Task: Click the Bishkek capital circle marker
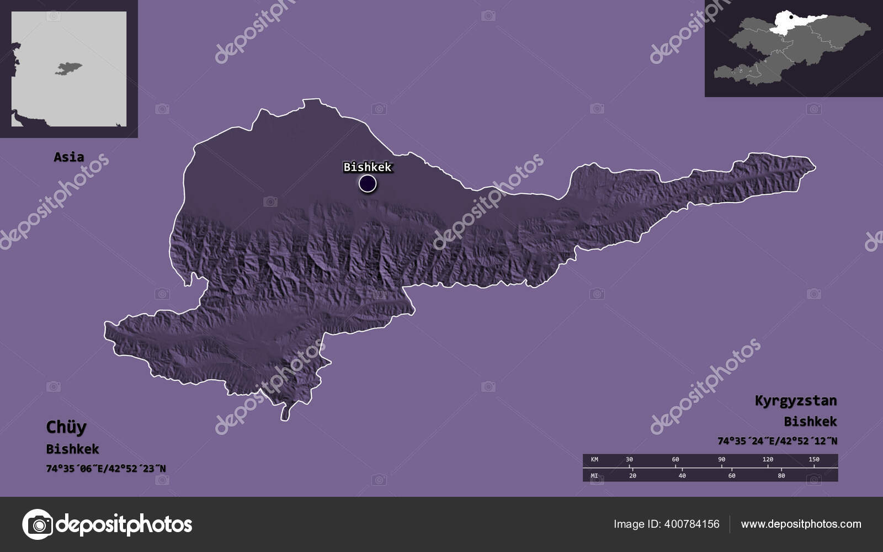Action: point(368,183)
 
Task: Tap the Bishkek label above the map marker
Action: point(368,167)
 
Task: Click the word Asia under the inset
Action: point(69,157)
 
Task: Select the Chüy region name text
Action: point(66,427)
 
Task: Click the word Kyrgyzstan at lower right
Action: point(796,400)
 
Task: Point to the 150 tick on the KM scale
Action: point(813,459)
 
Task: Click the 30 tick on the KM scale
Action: point(629,459)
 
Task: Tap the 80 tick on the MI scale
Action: point(781,475)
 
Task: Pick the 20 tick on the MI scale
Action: point(632,475)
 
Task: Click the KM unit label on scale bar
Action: point(594,459)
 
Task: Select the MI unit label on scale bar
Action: point(594,475)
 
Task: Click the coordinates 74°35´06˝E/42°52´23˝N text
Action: point(106,469)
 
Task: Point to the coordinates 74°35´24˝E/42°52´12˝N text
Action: point(777,440)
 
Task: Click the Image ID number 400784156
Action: point(693,524)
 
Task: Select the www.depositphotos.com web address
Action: point(801,524)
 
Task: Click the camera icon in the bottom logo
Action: point(38,524)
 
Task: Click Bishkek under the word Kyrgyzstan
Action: point(810,421)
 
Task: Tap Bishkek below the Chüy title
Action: point(73,448)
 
